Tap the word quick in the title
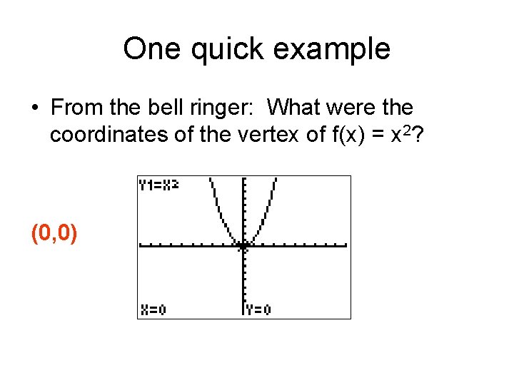(223, 49)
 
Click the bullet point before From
(35, 108)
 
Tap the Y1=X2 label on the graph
(158, 185)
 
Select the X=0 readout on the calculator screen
(152, 309)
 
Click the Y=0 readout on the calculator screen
(258, 309)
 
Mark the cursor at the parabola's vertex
(244, 246)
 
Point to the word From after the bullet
(77, 108)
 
